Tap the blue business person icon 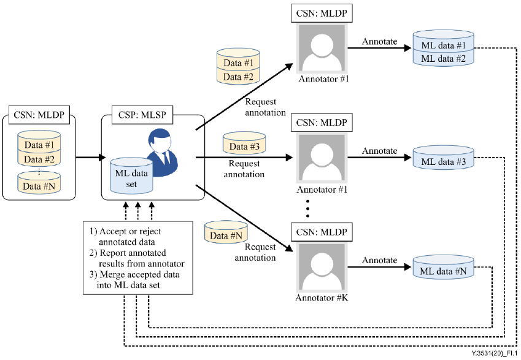(x=163, y=153)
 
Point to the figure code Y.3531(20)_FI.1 (x=494, y=354)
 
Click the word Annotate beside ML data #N (x=379, y=260)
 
